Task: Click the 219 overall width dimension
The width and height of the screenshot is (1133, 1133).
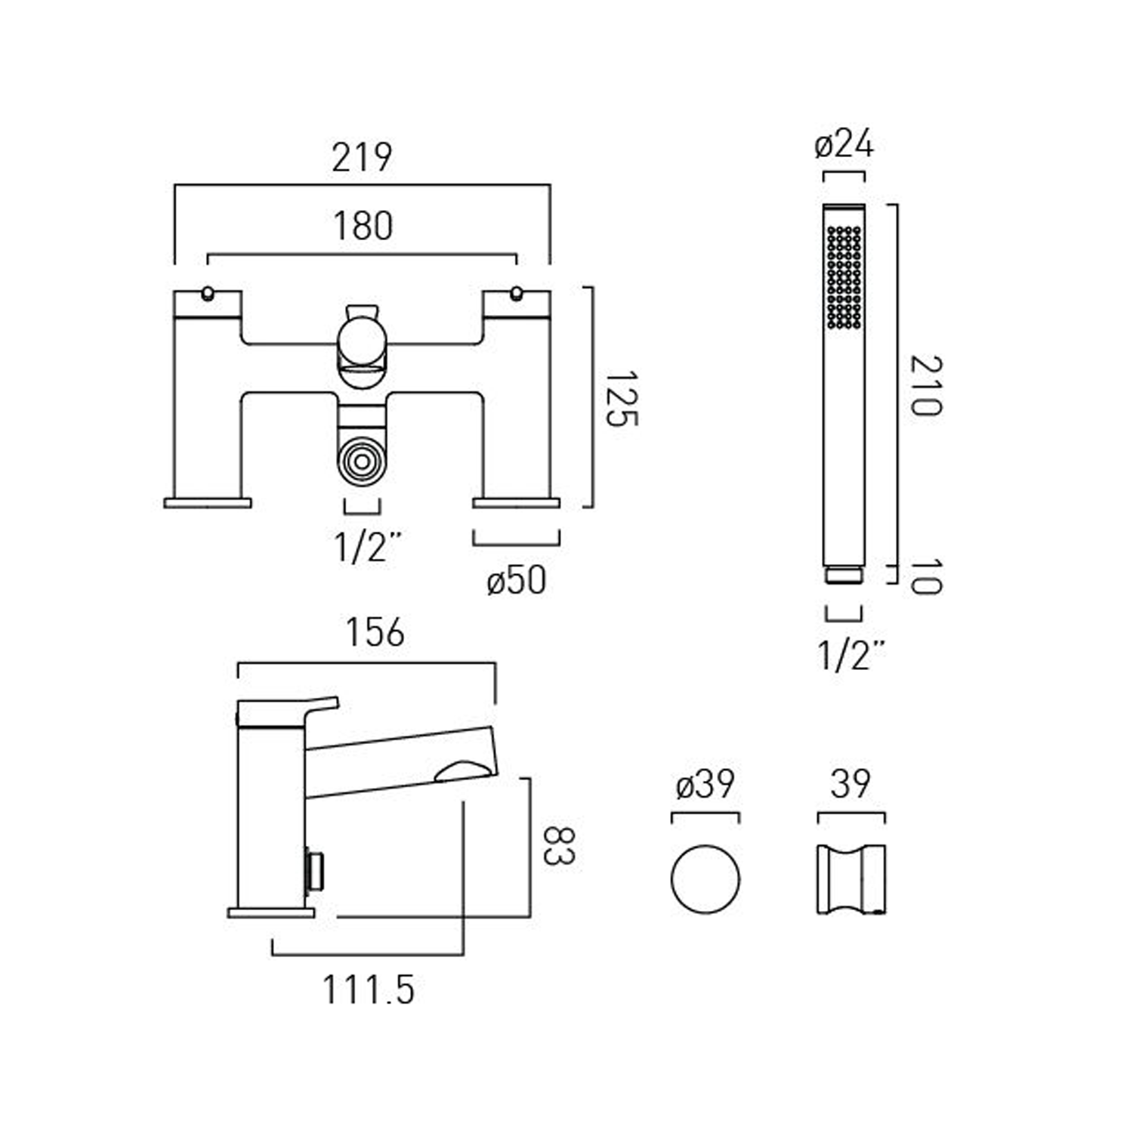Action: click(x=362, y=158)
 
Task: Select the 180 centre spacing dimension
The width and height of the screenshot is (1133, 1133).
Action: click(x=363, y=226)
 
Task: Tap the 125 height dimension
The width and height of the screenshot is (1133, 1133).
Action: click(x=621, y=398)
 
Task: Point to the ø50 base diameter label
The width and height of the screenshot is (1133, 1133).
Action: click(x=516, y=580)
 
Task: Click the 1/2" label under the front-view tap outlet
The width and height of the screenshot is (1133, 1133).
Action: click(x=367, y=547)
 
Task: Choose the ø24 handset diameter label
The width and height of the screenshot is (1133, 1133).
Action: click(x=844, y=144)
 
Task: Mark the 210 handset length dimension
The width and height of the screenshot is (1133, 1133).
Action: click(x=926, y=385)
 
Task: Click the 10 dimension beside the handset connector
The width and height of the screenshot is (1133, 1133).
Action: click(x=926, y=576)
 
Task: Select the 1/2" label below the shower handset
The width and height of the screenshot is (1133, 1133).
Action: click(x=851, y=655)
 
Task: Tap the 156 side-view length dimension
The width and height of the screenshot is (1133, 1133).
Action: click(x=375, y=632)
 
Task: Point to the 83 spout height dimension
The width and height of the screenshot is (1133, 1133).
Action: click(x=560, y=845)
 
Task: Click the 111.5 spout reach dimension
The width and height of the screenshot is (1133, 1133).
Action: click(x=369, y=989)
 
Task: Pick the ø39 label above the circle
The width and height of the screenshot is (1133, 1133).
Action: click(x=705, y=784)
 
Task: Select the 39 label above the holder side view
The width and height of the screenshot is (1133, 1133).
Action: click(x=851, y=784)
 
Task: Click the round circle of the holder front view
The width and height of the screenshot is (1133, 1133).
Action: click(x=705, y=879)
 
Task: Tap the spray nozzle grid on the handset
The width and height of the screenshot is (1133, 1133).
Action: click(x=844, y=277)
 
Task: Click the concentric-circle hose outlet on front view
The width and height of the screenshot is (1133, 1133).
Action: click(x=362, y=460)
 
